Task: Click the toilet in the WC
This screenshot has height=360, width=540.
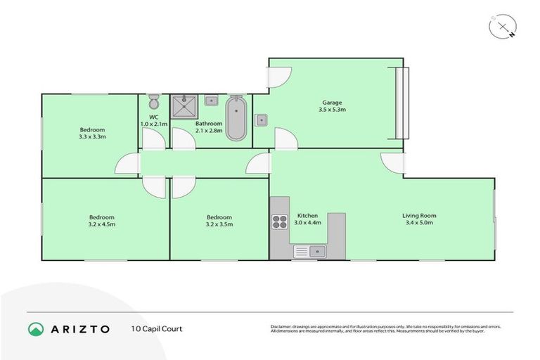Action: [x=153, y=102]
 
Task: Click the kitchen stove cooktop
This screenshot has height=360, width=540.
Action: [x=279, y=221]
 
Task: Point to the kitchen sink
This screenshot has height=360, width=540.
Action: [x=309, y=250]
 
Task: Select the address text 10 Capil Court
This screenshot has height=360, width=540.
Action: [x=156, y=328]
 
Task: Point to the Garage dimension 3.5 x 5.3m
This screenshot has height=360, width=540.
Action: [x=333, y=110]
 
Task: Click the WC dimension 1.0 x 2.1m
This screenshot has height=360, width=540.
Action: [x=153, y=124]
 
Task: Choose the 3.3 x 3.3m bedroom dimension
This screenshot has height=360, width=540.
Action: [x=92, y=136]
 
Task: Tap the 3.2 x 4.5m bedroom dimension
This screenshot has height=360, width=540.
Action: [x=101, y=224]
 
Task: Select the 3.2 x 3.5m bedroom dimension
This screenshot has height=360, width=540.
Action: [x=219, y=224]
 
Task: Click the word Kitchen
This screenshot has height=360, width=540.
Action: [x=308, y=215]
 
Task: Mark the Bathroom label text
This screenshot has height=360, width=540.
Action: [x=209, y=124]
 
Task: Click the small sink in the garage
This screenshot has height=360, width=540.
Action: [x=260, y=119]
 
